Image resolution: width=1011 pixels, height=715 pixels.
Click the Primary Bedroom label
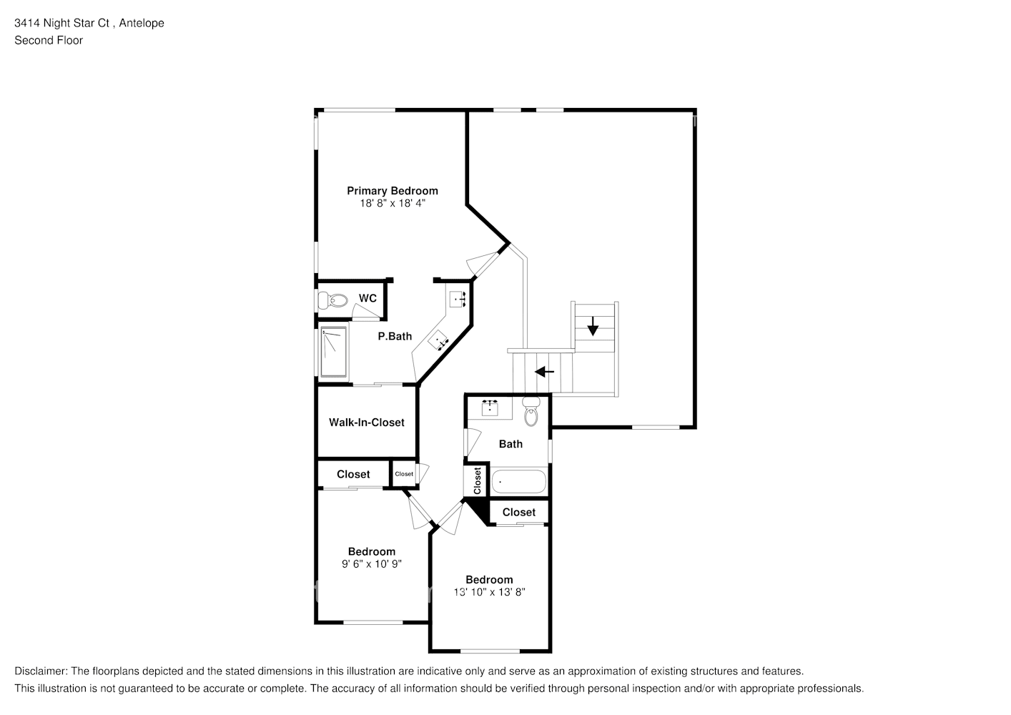[x=392, y=190]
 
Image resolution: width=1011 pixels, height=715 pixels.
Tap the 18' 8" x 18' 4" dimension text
[x=392, y=203]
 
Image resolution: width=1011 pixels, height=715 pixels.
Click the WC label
[x=368, y=298]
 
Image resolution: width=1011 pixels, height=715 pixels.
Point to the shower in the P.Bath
[x=333, y=352]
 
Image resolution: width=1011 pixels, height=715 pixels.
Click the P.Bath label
[x=395, y=336]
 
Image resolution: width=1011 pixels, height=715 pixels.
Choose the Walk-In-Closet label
[x=366, y=423]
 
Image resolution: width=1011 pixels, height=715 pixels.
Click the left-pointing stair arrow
[x=545, y=372]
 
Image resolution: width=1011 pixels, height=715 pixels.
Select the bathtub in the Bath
[x=518, y=482]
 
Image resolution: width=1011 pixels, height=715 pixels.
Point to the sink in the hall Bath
[x=490, y=407]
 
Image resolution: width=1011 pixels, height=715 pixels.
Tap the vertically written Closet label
[x=477, y=480]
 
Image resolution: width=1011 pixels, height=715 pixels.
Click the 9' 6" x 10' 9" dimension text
[x=371, y=563]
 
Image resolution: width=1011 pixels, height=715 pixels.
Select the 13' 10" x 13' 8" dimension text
[x=489, y=592]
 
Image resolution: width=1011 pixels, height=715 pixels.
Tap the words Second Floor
[x=49, y=40]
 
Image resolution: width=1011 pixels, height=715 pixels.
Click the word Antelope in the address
[x=142, y=23]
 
